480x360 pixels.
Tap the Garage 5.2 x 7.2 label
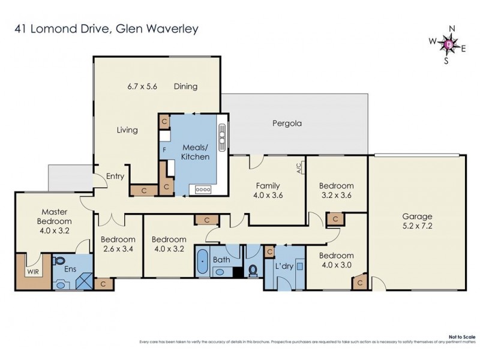coord(418,222)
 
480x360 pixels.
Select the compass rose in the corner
coord(448,44)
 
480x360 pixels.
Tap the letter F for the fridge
coord(163,149)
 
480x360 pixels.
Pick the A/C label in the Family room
coord(299,170)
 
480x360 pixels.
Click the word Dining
coord(185,86)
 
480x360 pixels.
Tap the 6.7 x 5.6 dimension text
coord(142,86)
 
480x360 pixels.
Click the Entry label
coord(115,176)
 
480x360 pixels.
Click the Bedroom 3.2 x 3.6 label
coord(336,190)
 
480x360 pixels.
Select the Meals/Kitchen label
coord(195,152)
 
